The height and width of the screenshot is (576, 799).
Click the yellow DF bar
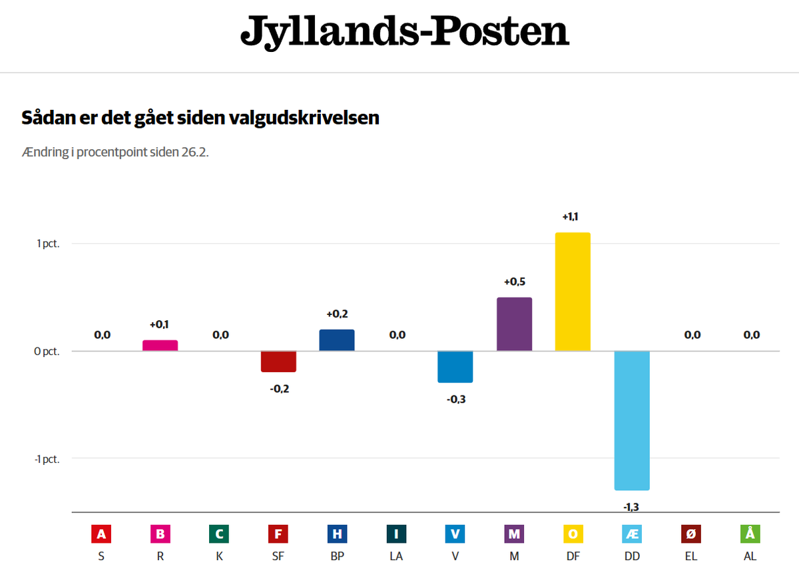(x=573, y=292)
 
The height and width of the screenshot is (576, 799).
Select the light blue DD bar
(x=632, y=420)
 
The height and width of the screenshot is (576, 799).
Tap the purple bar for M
(x=514, y=324)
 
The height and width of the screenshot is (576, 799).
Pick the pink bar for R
(x=160, y=346)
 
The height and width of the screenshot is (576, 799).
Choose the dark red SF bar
(x=278, y=362)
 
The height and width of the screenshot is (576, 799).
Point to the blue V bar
(x=455, y=367)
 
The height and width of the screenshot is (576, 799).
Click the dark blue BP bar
(x=337, y=340)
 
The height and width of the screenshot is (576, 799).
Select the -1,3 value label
(x=631, y=507)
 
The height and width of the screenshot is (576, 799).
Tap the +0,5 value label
(x=514, y=282)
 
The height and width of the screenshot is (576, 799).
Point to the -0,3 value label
(x=455, y=399)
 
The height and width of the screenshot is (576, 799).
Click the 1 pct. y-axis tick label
(x=47, y=244)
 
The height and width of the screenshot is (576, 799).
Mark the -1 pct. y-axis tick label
(x=46, y=459)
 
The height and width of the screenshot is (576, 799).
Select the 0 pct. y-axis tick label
(x=47, y=352)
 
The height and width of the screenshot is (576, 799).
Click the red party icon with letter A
(x=101, y=534)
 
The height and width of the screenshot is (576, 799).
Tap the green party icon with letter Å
(x=750, y=534)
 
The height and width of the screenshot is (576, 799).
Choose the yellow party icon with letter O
(x=573, y=534)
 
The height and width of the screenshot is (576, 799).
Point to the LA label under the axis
(x=396, y=556)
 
